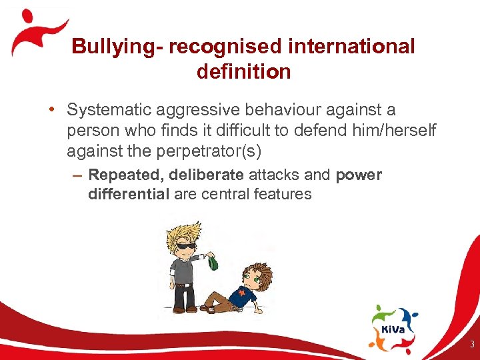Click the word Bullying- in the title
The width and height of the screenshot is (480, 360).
(x=117, y=47)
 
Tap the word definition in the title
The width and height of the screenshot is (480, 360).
(x=243, y=71)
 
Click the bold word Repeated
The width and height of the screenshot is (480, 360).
(x=125, y=175)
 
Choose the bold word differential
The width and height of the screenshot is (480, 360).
(x=129, y=194)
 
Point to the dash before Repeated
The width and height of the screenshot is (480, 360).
(x=79, y=176)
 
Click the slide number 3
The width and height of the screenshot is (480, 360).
(x=471, y=345)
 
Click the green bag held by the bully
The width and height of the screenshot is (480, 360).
(x=213, y=263)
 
